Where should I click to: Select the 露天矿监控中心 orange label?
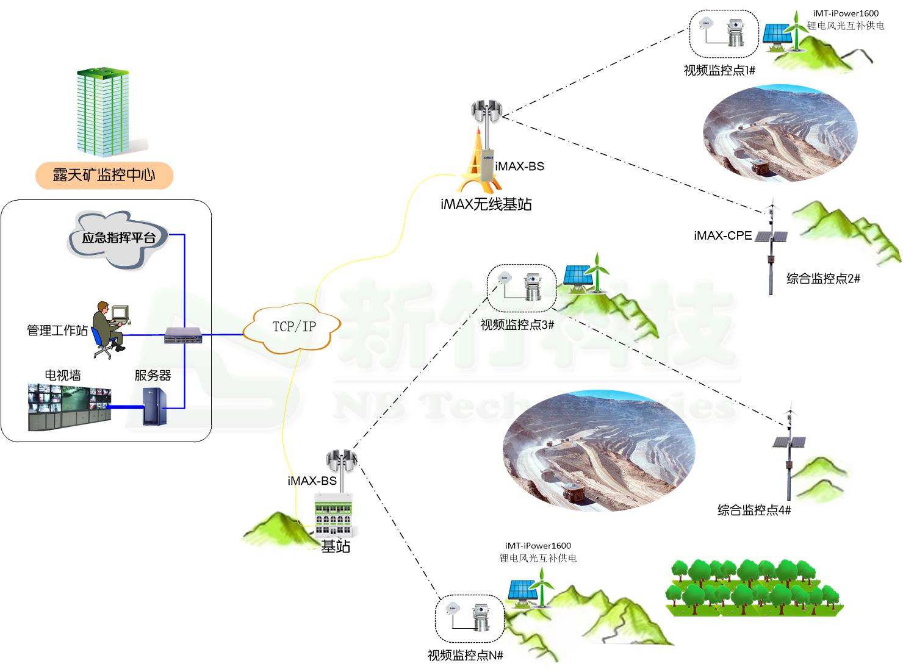[x=104, y=176]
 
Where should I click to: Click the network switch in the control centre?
[x=183, y=335]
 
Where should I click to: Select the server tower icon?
[x=153, y=406]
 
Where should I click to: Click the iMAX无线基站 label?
[x=486, y=204]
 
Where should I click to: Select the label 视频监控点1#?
[x=719, y=70]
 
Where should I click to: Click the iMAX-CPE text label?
[x=722, y=235]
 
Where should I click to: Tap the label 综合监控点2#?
[x=823, y=279]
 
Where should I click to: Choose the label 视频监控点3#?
[x=517, y=325]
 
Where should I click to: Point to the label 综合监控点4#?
[x=754, y=510]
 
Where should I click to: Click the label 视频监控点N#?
[x=466, y=656]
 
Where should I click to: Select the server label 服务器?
[x=153, y=375]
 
